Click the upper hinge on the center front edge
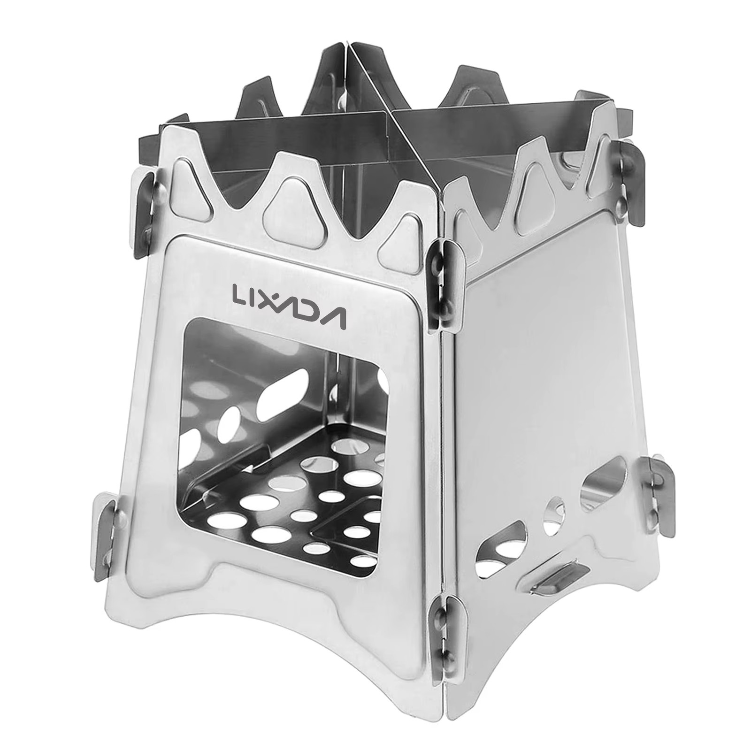coord(444,282)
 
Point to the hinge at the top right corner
coord(629,183)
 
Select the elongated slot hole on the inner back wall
coord(282,390)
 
